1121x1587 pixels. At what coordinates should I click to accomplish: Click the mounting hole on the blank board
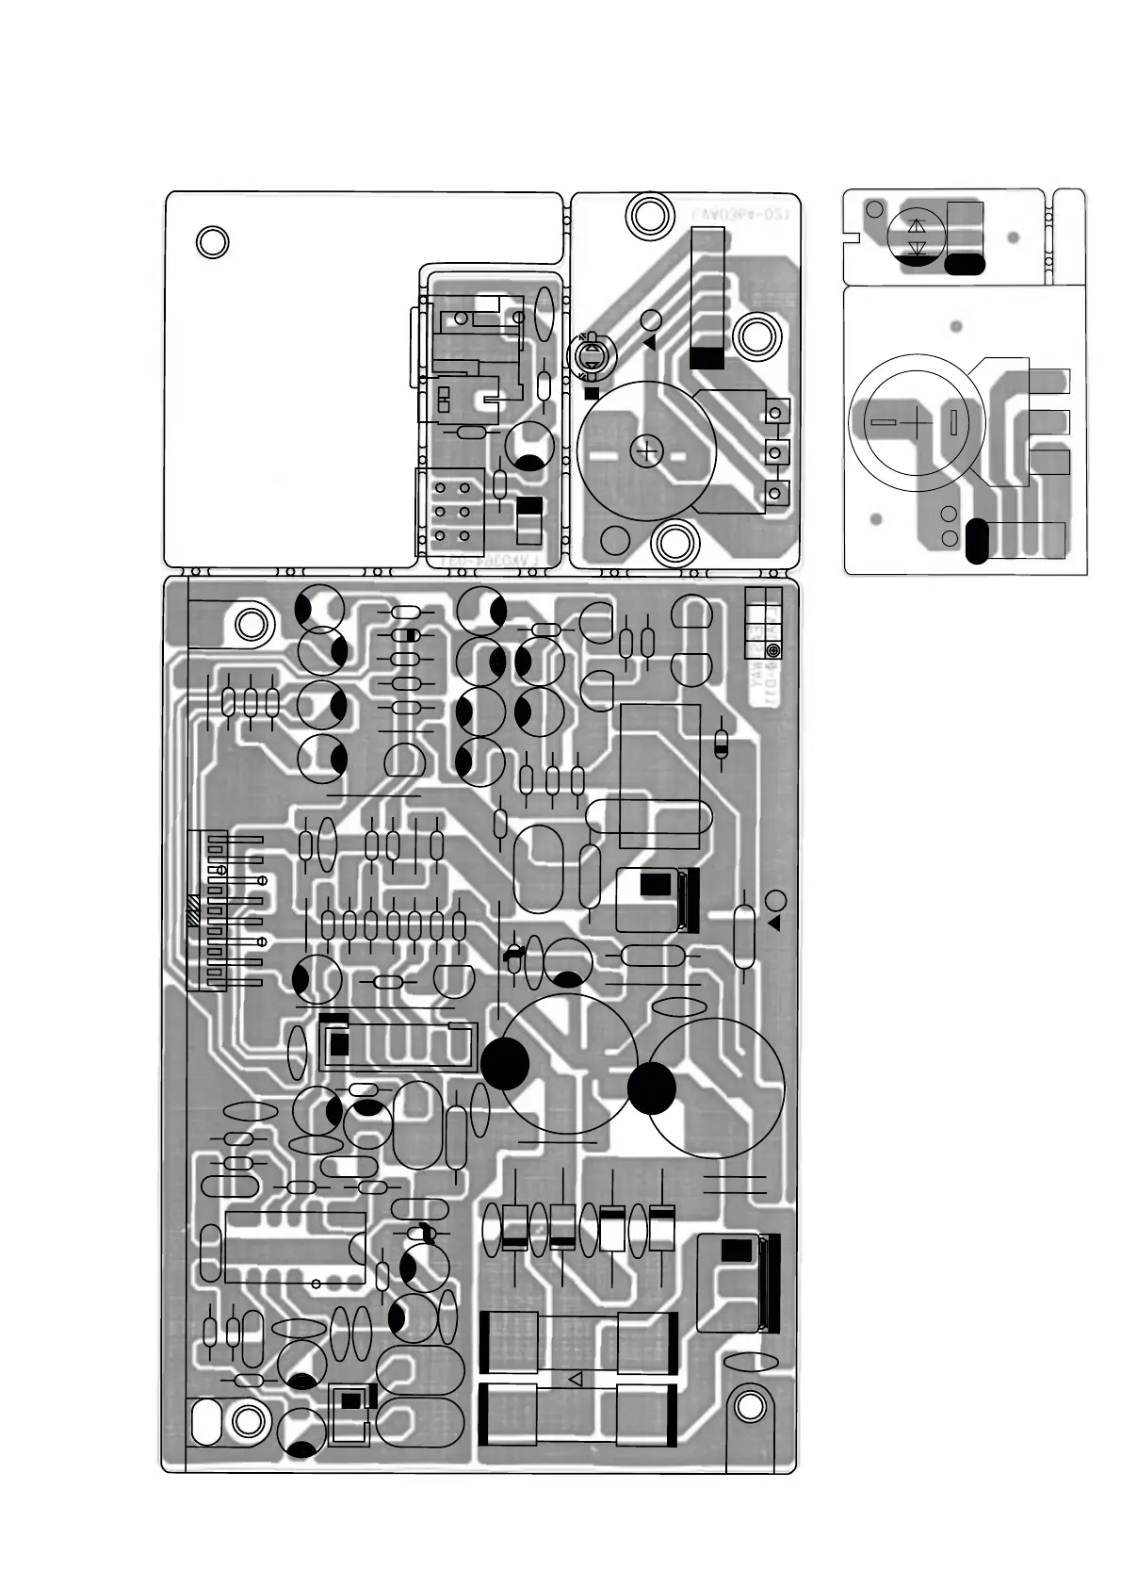(213, 242)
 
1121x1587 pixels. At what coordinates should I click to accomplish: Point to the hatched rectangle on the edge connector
(193, 909)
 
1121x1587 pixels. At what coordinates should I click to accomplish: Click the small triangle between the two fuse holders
(577, 1379)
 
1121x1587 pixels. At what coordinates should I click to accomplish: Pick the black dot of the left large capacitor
(505, 1062)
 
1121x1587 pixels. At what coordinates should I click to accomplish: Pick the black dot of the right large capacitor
(652, 1088)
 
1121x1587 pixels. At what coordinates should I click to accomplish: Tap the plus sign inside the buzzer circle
(646, 452)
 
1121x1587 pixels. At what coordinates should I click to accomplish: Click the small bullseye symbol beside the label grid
(773, 651)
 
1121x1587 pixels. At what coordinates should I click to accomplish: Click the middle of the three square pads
(776, 452)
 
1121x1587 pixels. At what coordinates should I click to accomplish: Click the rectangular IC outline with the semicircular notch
(295, 1247)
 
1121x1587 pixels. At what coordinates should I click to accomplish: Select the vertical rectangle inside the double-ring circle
(953, 421)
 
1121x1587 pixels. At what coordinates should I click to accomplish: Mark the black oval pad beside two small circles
(977, 541)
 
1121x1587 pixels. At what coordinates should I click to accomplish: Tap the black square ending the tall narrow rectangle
(707, 358)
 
